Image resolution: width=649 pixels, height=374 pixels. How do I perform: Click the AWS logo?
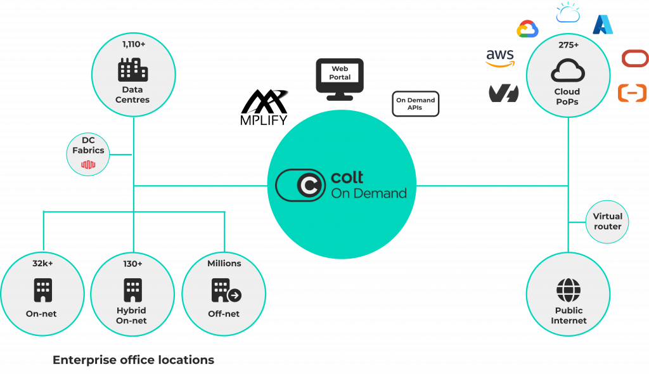[500, 58]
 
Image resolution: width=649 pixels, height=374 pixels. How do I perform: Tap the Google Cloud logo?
[527, 29]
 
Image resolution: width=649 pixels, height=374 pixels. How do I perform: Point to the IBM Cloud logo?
[567, 12]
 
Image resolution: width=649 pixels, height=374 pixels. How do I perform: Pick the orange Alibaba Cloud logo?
[632, 93]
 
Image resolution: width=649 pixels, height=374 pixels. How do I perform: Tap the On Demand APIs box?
[416, 104]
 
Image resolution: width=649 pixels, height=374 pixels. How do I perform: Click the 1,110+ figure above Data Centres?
[133, 44]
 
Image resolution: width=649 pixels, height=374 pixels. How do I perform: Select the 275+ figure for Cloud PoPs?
[568, 45]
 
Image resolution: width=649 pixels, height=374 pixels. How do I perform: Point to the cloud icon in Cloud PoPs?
[568, 70]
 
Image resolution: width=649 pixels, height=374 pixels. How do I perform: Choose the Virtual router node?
[607, 221]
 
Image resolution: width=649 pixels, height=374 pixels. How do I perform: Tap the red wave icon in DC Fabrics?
[88, 165]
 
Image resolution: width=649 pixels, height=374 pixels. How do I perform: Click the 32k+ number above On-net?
[42, 263]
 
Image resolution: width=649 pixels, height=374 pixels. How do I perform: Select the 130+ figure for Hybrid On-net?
[133, 263]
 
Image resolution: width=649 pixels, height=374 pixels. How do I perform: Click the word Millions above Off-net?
[224, 263]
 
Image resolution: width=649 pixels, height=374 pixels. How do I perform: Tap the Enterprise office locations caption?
[133, 360]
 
